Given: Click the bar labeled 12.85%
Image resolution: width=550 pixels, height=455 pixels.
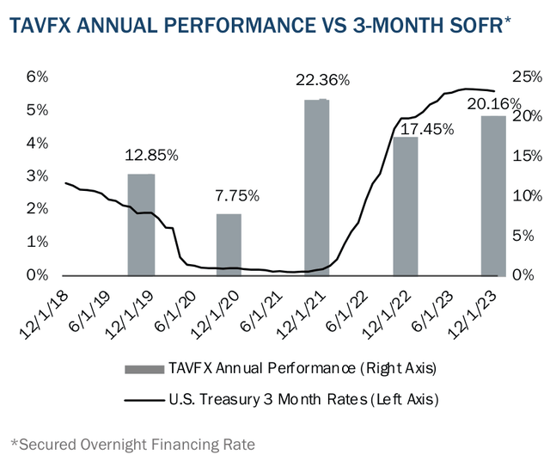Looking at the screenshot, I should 141,224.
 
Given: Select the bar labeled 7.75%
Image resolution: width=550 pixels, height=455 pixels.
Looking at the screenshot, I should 229,244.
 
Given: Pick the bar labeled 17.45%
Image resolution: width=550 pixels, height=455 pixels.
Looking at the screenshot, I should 405,206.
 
